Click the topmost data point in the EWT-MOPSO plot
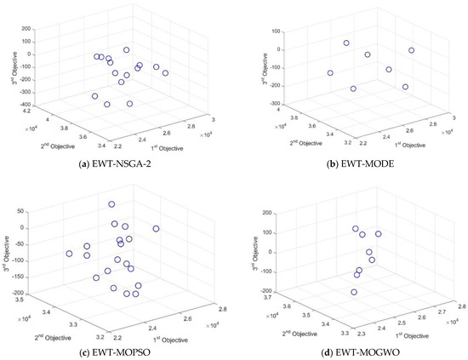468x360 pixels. click(x=111, y=205)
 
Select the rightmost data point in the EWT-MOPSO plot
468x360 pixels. click(x=156, y=229)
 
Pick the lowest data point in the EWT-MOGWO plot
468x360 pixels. click(x=354, y=292)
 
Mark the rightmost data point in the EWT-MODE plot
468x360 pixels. click(x=411, y=50)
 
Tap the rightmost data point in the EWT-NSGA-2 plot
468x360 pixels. click(x=165, y=73)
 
